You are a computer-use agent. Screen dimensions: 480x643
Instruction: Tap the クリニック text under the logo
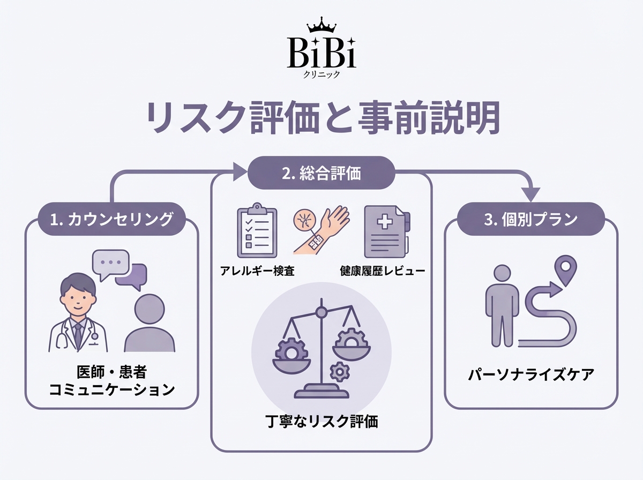point(322,74)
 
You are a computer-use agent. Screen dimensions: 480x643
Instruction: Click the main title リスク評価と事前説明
point(321,118)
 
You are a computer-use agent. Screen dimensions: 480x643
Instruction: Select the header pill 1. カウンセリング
point(112,220)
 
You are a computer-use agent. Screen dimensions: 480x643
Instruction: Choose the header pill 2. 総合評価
point(322,172)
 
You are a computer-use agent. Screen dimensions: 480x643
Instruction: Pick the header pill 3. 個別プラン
point(531,220)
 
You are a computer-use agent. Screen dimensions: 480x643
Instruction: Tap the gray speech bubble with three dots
point(111,263)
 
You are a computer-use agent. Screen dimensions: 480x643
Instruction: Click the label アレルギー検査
point(257,271)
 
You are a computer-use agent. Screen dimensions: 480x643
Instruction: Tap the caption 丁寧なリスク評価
point(322,422)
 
